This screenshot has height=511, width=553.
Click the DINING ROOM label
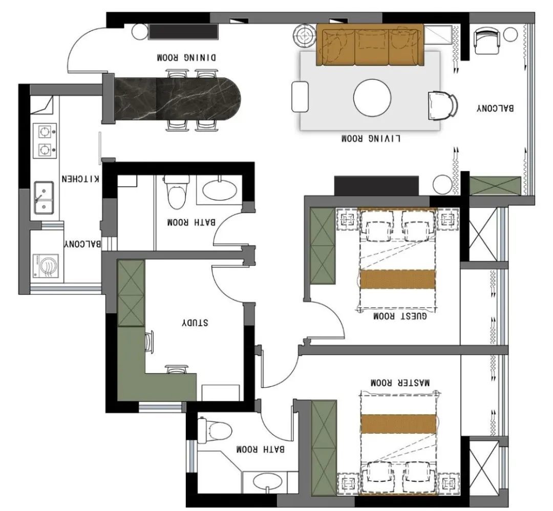tap(186, 57)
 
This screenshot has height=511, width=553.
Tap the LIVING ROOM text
tap(371, 138)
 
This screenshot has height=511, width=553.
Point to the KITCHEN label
tap(80, 179)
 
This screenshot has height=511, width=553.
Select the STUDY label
tap(195, 323)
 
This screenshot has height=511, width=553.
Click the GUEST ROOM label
tap(400, 315)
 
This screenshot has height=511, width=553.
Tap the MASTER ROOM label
tap(400, 382)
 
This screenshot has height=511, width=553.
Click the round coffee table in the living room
tap(372, 97)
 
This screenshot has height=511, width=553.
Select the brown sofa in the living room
tap(370, 45)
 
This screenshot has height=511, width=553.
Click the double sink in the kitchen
tap(44, 198)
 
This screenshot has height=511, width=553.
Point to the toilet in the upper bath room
tap(176, 191)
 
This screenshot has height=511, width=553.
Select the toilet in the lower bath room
tap(214, 430)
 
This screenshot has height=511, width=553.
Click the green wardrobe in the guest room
tap(323, 245)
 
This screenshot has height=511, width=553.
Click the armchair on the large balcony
tap(487, 41)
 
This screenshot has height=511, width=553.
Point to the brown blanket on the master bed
tap(398, 423)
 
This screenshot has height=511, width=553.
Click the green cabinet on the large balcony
tap(495, 186)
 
